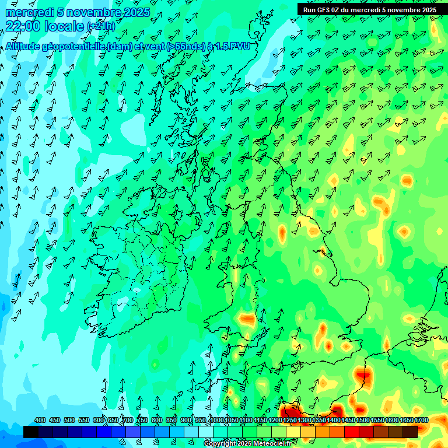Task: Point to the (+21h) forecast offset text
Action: pyautogui.click(x=101, y=26)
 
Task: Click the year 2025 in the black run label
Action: pyautogui.click(x=426, y=9)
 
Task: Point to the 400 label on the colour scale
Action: pyautogui.click(x=40, y=420)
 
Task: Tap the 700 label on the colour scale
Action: pyautogui.click(x=127, y=420)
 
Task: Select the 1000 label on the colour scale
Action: pyautogui.click(x=217, y=420)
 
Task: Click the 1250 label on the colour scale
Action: pyautogui.click(x=290, y=420)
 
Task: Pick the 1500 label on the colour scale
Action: pyautogui.click(x=363, y=420)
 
